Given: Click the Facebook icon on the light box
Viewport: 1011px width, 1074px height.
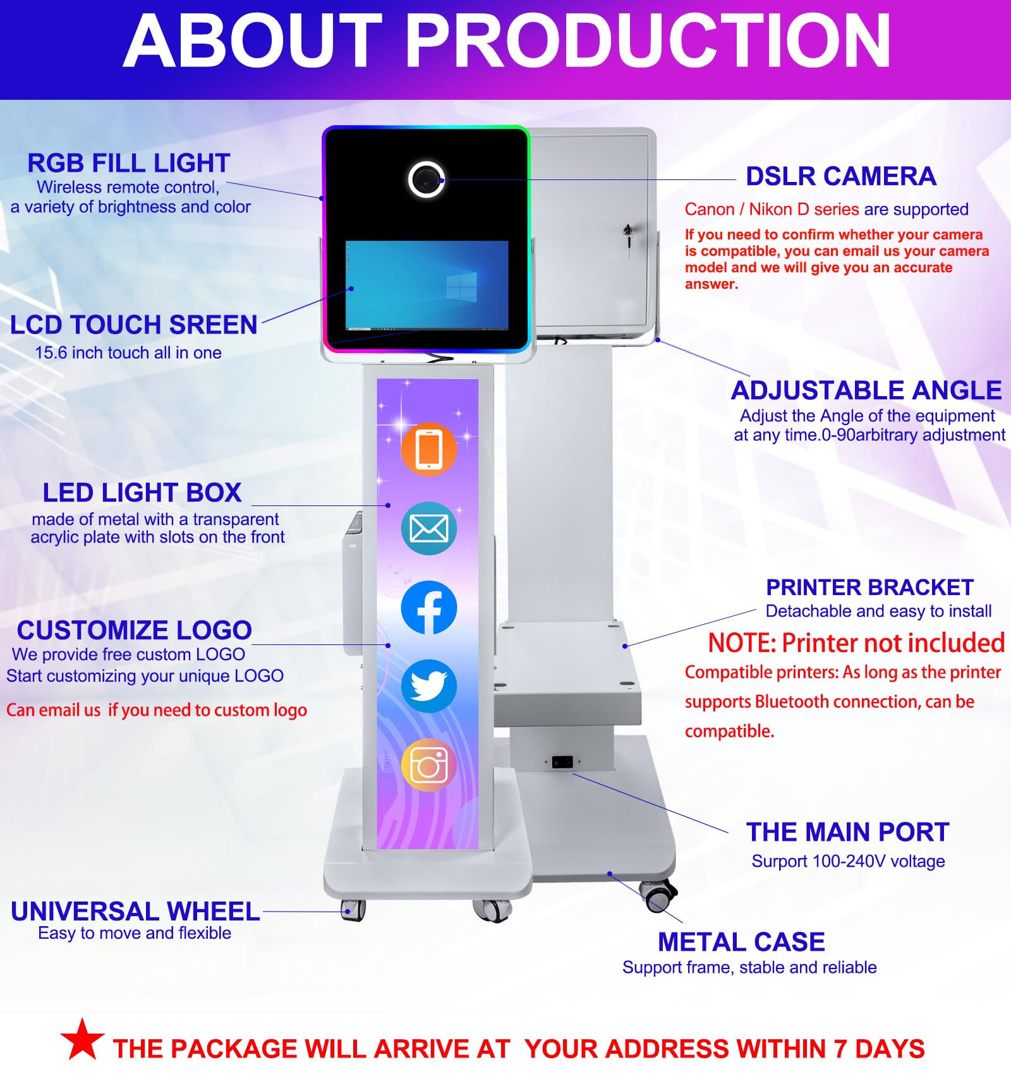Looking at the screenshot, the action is pyautogui.click(x=429, y=608).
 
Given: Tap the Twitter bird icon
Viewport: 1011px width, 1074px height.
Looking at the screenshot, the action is pyautogui.click(x=429, y=686).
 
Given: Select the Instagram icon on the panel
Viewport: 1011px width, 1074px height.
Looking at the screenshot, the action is pyautogui.click(x=429, y=765).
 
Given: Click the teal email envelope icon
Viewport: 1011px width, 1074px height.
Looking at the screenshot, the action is pyautogui.click(x=429, y=528).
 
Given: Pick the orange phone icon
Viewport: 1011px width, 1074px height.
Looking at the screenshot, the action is pyautogui.click(x=429, y=449).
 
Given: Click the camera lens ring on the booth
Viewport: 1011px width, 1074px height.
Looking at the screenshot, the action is pyautogui.click(x=427, y=179).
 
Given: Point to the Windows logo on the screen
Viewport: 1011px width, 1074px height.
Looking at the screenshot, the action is pyautogui.click(x=461, y=287).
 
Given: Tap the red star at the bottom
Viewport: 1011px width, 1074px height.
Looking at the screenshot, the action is pyautogui.click(x=83, y=1039).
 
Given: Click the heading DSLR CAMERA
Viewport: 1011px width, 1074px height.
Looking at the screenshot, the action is pyautogui.click(x=840, y=176).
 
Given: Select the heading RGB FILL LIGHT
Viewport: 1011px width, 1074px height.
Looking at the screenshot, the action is pyautogui.click(x=128, y=163).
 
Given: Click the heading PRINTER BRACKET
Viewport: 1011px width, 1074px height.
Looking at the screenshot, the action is pyautogui.click(x=869, y=588).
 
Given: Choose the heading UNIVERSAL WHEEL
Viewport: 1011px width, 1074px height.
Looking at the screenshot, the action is pyautogui.click(x=135, y=912).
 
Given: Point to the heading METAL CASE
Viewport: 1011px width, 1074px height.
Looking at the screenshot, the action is pyautogui.click(x=741, y=942).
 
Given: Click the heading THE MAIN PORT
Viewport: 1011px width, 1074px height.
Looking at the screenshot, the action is pyautogui.click(x=847, y=832).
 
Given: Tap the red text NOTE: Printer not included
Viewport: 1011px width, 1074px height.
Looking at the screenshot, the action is pyautogui.click(x=856, y=643).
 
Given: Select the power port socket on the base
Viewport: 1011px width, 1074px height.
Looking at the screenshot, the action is pyautogui.click(x=562, y=761).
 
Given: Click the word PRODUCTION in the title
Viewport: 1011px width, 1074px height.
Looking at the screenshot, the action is pyautogui.click(x=647, y=40).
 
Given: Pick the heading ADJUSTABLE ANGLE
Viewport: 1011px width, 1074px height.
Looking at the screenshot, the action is pyautogui.click(x=866, y=390).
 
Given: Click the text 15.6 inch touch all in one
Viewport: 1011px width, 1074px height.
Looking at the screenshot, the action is pyautogui.click(x=128, y=353).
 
